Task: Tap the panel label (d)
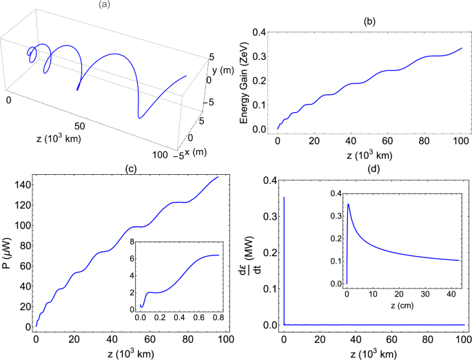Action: [x=373, y=167]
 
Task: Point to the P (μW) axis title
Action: [x=8, y=253]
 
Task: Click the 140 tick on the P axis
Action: [x=24, y=184]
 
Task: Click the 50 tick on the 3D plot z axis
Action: [x=79, y=127]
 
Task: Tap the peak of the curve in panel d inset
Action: [x=349, y=204]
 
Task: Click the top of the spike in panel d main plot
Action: [x=284, y=198]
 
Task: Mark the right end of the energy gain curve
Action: [x=461, y=49]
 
